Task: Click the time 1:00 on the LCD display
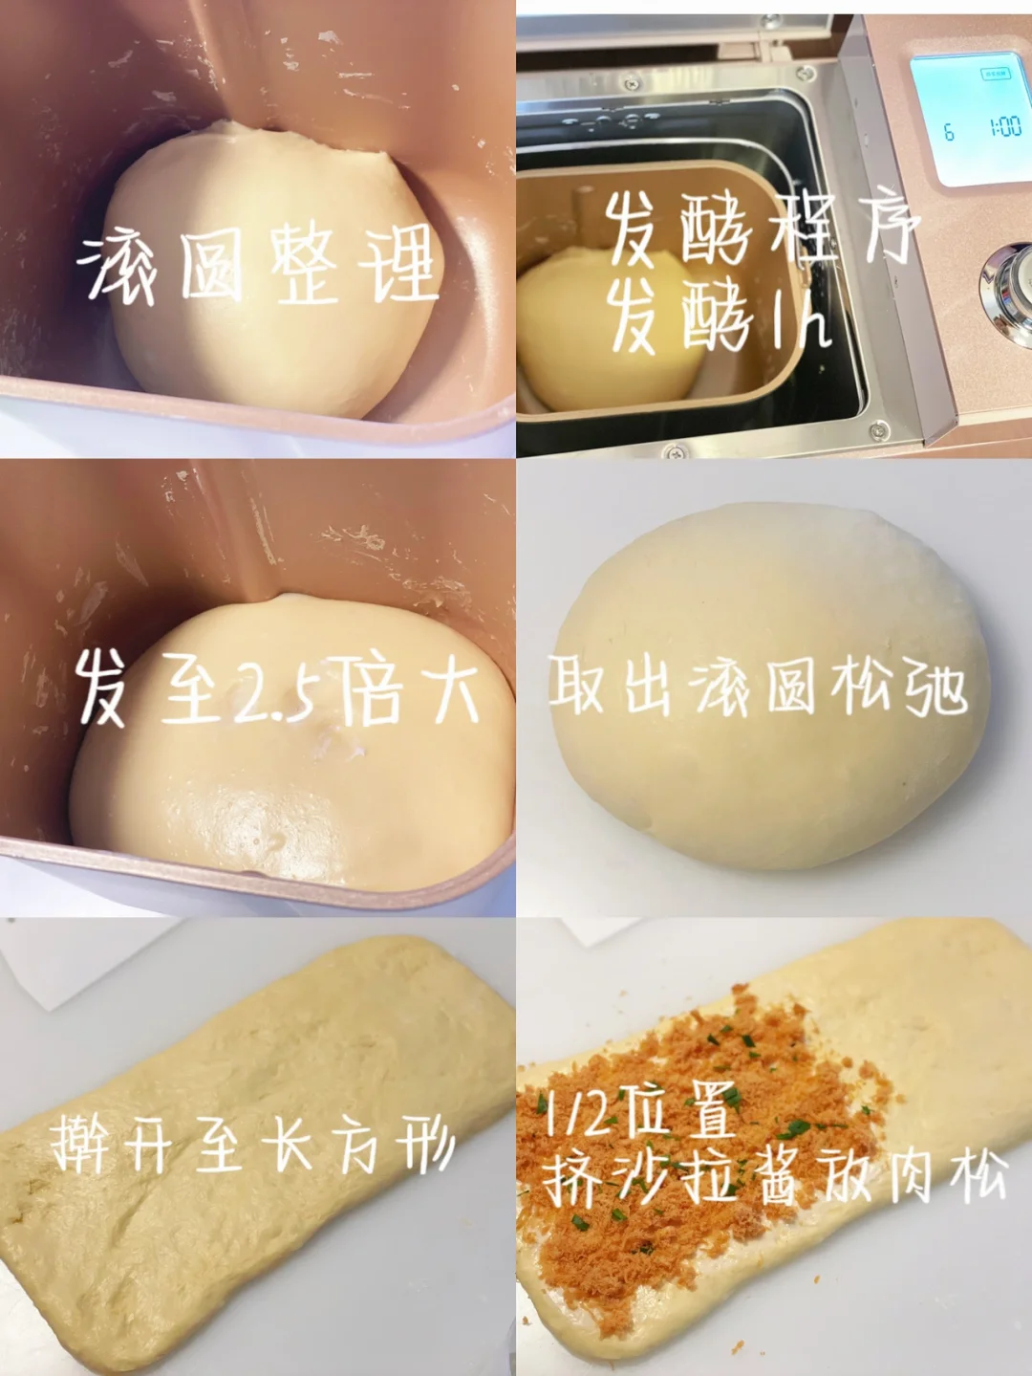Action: tap(1006, 128)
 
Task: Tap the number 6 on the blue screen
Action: tap(949, 133)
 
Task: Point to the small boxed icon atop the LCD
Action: tap(995, 75)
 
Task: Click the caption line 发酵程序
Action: tap(763, 230)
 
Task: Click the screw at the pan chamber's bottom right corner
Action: tap(878, 430)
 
